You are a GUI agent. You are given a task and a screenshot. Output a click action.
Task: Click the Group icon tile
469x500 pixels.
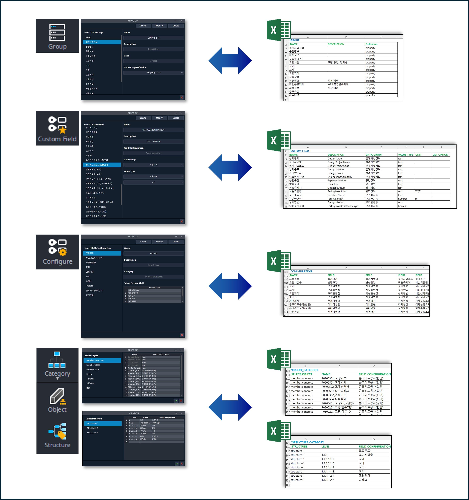(x=57, y=36)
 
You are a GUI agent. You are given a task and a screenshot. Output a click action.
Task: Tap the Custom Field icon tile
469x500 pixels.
(x=57, y=128)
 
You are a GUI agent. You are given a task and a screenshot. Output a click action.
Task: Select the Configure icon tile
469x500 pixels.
(x=57, y=252)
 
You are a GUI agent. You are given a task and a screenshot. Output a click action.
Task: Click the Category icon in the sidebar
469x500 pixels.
(x=57, y=365)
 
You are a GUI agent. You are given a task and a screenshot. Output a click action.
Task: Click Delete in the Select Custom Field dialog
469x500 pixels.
(x=176, y=118)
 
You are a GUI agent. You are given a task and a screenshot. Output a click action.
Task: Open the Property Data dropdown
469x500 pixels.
(x=153, y=73)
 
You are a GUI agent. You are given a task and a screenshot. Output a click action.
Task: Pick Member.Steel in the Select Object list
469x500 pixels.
(x=93, y=365)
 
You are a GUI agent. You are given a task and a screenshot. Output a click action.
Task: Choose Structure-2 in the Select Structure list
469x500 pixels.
(x=93, y=428)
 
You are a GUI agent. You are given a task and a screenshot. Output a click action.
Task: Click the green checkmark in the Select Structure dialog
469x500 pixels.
(x=177, y=464)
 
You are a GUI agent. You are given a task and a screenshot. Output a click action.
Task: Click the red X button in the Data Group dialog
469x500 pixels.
(x=182, y=98)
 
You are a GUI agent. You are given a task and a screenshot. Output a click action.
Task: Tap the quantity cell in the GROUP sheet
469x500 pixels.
(x=370, y=95)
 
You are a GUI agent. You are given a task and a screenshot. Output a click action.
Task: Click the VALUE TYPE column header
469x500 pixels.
(x=406, y=155)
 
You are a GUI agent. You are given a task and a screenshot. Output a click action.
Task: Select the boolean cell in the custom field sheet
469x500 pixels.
(x=403, y=206)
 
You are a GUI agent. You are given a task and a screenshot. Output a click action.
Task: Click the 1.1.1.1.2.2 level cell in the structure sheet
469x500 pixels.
(x=328, y=480)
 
